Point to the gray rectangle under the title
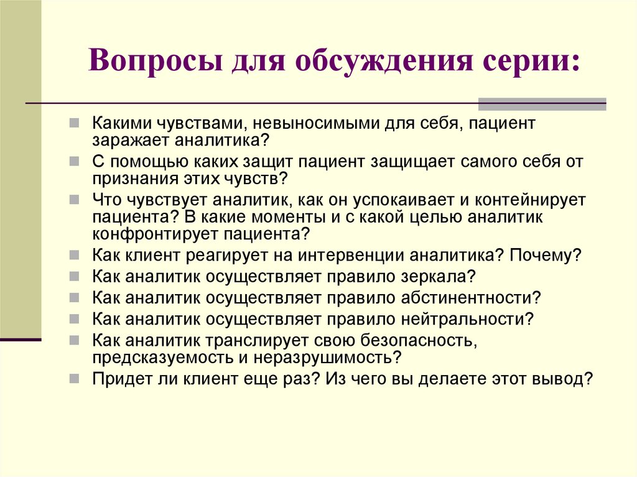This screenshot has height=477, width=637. point(542,104)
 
